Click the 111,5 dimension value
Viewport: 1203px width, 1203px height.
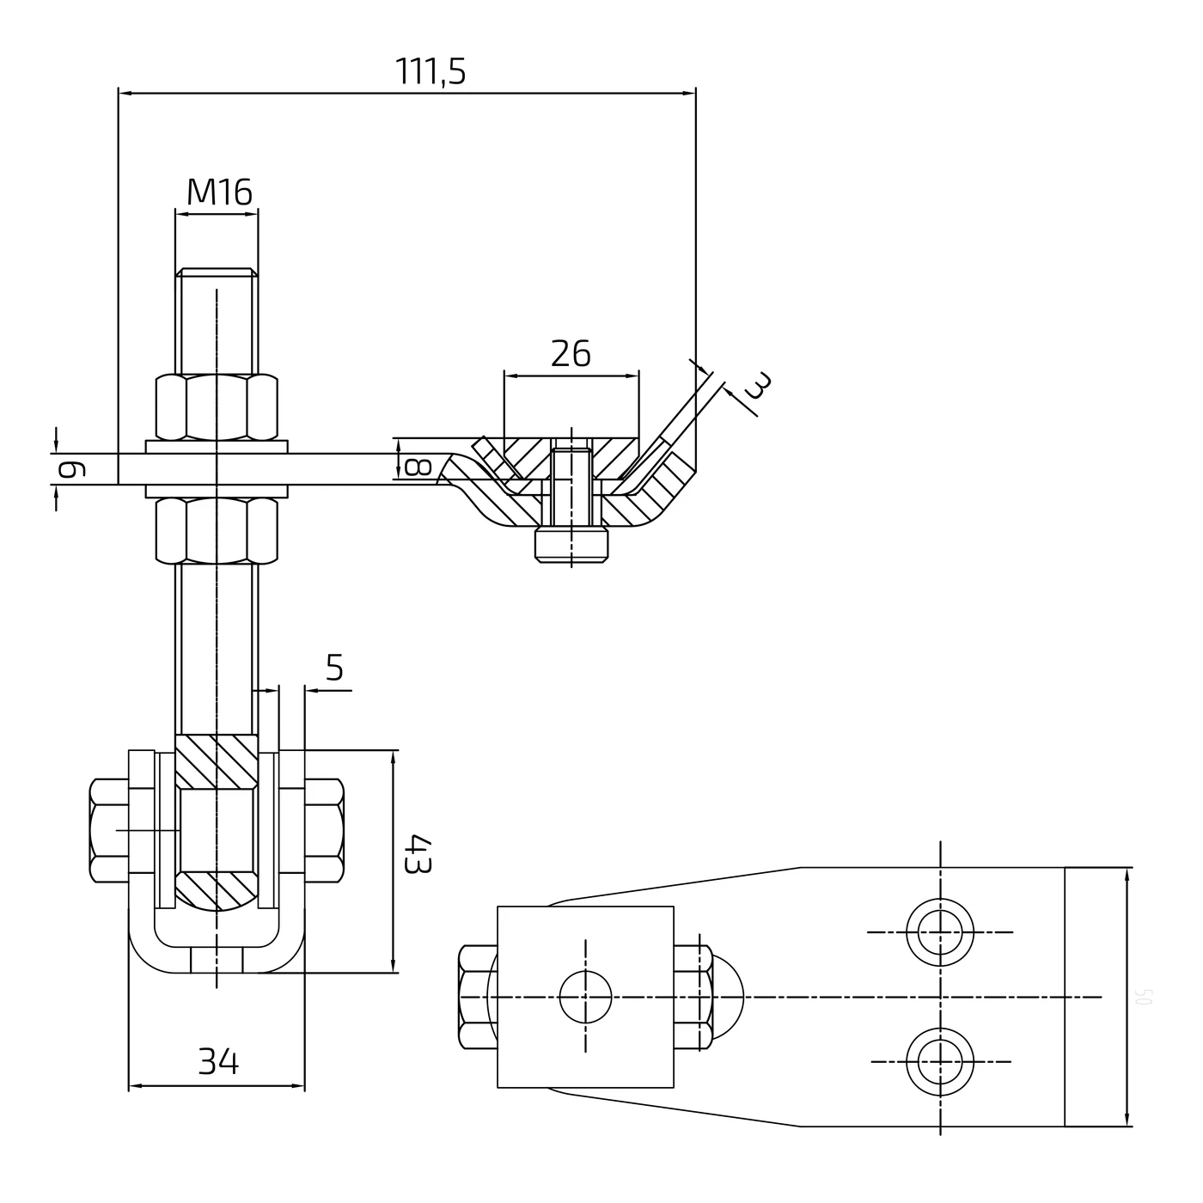(x=431, y=72)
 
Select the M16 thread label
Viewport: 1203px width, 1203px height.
(x=220, y=193)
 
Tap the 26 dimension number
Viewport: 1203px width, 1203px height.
(x=571, y=354)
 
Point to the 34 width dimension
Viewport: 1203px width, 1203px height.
(x=218, y=1062)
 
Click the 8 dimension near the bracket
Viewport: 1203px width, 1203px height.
(x=417, y=467)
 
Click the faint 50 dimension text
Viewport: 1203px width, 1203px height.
(x=1143, y=997)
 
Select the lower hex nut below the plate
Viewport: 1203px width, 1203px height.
(x=217, y=530)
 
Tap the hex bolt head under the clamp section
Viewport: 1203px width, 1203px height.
(x=572, y=545)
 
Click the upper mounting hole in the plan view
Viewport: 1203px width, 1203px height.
(x=940, y=932)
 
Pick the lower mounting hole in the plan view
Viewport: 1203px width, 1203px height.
(x=940, y=1062)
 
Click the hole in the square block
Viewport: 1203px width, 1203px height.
(x=585, y=998)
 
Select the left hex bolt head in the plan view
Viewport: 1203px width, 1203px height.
(x=478, y=998)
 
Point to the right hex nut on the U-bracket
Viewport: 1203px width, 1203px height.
(x=325, y=830)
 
